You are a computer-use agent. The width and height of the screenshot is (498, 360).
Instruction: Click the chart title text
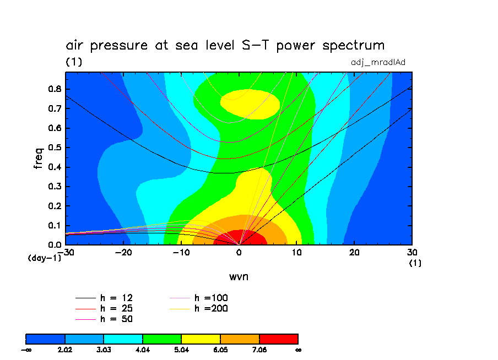(225, 45)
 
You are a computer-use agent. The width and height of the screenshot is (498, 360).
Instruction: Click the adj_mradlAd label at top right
(378, 62)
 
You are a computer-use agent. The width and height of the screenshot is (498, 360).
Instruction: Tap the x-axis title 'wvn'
(239, 276)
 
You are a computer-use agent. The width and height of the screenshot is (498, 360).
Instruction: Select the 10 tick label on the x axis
(296, 252)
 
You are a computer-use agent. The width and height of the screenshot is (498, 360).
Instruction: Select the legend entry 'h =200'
(211, 308)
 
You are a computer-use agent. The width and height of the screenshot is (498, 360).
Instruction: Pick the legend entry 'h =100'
(211, 298)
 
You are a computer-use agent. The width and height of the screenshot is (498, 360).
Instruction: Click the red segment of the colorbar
(278, 339)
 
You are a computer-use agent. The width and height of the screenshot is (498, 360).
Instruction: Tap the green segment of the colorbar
(162, 339)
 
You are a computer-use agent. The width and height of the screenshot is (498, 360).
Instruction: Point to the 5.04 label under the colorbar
(181, 349)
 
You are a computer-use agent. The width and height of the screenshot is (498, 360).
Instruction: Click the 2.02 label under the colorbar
(65, 349)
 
